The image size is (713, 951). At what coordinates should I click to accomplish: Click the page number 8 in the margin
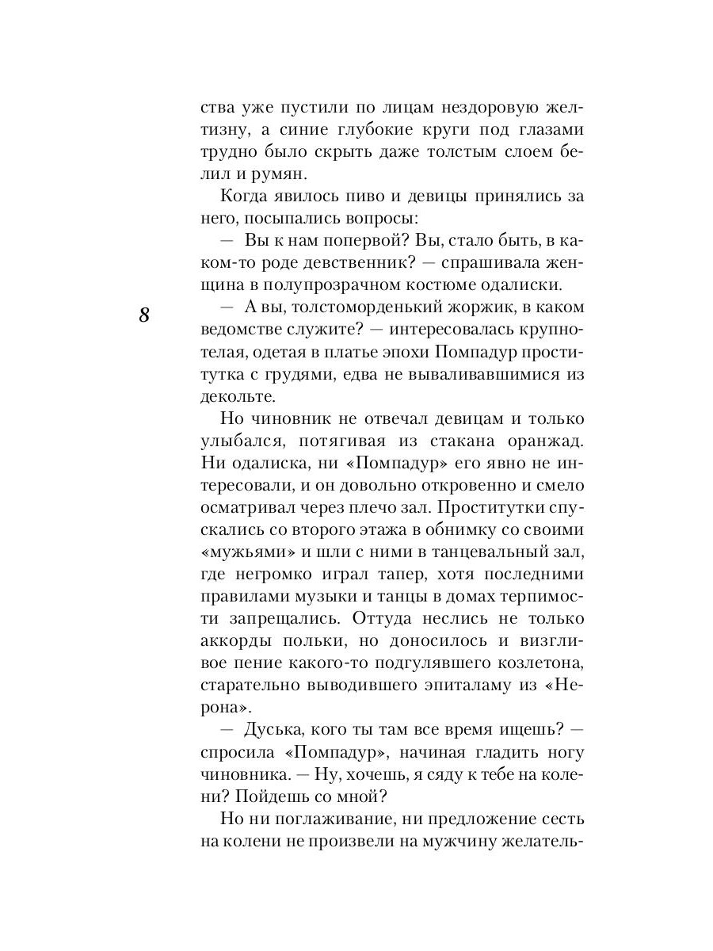pyautogui.click(x=144, y=315)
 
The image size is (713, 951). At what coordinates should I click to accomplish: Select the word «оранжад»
pyautogui.click(x=542, y=440)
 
